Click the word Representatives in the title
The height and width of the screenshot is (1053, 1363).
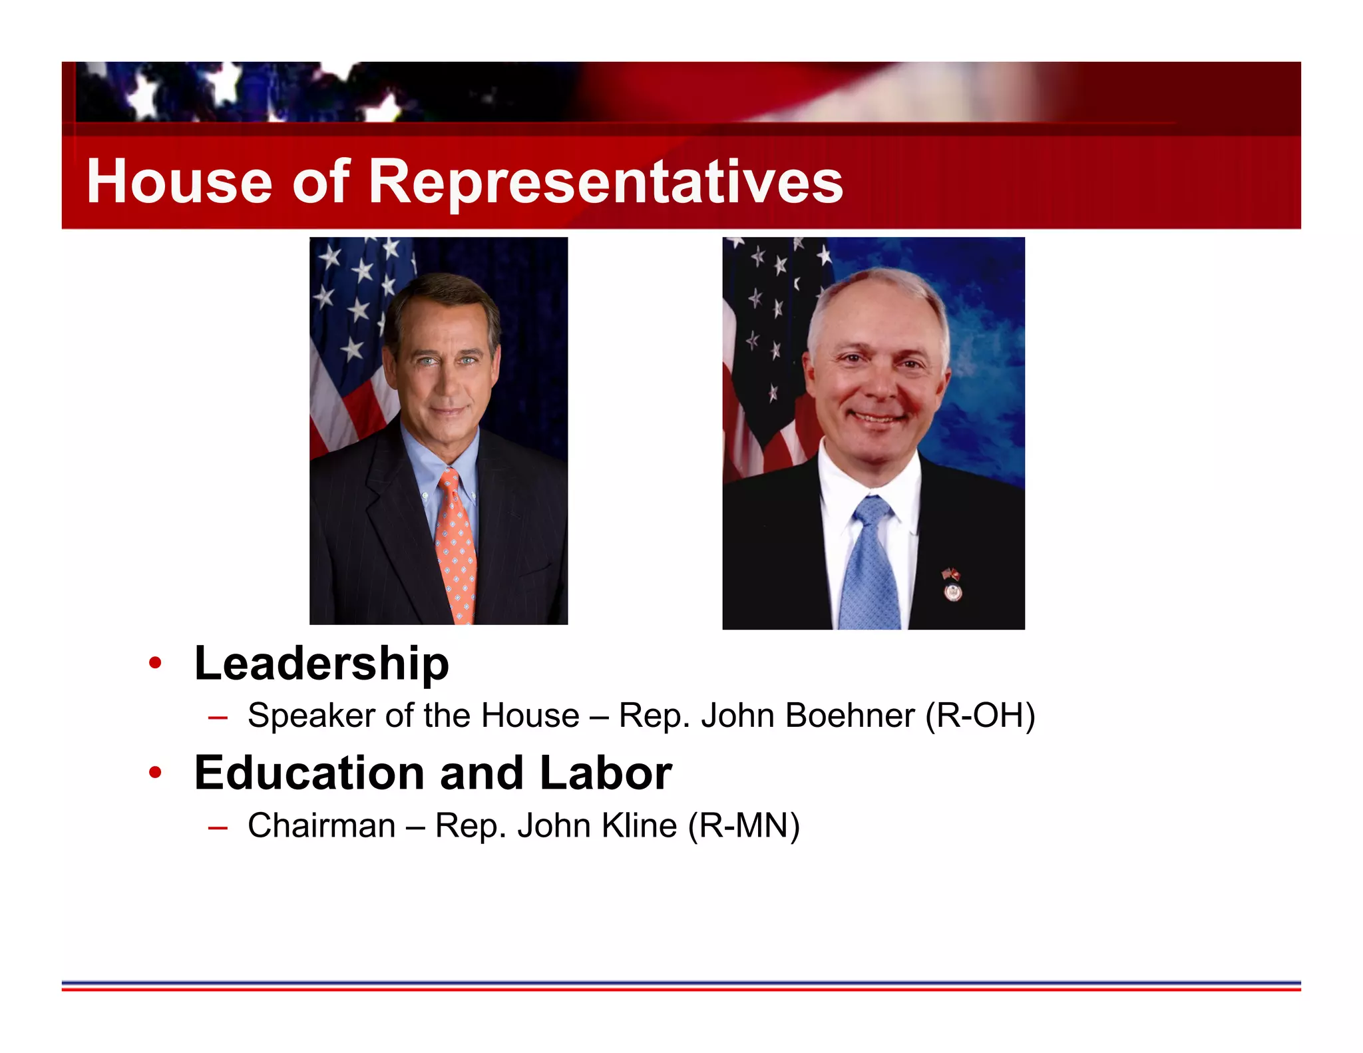click(606, 182)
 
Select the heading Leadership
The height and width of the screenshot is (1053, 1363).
click(321, 664)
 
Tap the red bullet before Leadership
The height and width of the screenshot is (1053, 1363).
click(155, 664)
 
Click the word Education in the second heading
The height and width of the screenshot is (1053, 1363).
click(309, 773)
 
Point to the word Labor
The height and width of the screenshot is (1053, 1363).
click(605, 773)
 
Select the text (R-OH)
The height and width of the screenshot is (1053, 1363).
click(980, 716)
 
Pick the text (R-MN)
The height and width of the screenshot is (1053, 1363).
click(743, 826)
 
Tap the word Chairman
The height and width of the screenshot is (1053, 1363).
click(321, 826)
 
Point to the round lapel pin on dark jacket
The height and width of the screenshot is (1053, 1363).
click(953, 592)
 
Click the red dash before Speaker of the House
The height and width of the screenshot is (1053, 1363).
click(218, 718)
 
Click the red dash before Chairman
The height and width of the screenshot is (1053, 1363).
click(218, 827)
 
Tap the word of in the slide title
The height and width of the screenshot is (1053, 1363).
click(321, 182)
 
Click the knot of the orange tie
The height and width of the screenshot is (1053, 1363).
click(449, 479)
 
